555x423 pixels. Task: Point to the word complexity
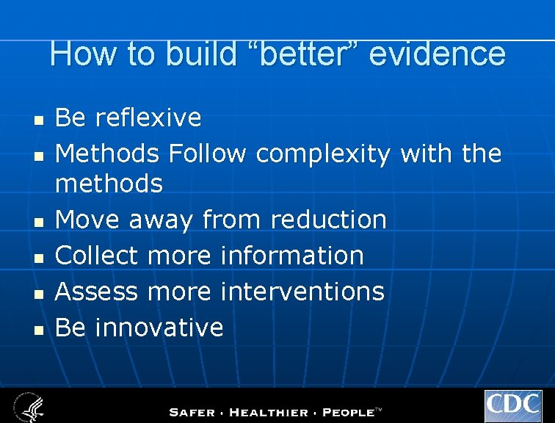324,154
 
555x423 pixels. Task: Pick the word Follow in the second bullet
208,154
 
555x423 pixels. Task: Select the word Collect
96,256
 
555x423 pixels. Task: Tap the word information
292,256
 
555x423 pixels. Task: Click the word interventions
302,292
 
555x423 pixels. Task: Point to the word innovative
159,328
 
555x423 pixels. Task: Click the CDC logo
513,406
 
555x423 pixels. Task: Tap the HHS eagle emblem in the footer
28,406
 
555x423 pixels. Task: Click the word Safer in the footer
193,413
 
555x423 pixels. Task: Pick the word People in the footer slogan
348,413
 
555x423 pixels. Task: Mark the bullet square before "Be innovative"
40,329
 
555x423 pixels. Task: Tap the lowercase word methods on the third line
109,184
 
